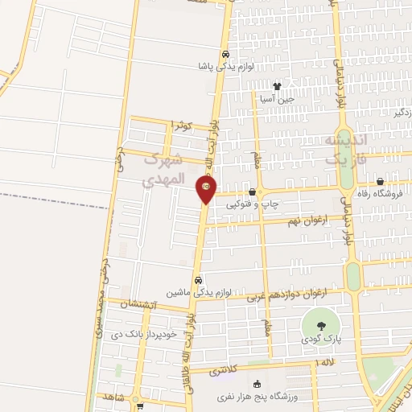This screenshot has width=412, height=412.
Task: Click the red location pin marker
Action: click(x=206, y=190)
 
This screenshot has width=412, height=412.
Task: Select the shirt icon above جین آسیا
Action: click(x=278, y=86)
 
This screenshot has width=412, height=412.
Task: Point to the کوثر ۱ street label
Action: click(x=182, y=126)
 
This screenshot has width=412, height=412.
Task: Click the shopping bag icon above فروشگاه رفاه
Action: click(x=380, y=182)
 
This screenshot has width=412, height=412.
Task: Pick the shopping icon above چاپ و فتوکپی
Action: click(x=253, y=192)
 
